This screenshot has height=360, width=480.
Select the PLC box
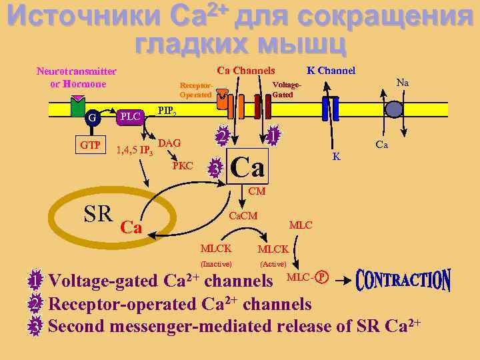click(131, 117)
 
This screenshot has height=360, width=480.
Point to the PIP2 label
click(167, 111)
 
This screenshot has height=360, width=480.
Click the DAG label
click(170, 143)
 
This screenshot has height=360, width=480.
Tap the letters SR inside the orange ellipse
click(97, 214)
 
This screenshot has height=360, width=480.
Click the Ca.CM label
click(243, 216)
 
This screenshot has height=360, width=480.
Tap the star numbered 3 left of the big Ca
click(215, 168)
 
